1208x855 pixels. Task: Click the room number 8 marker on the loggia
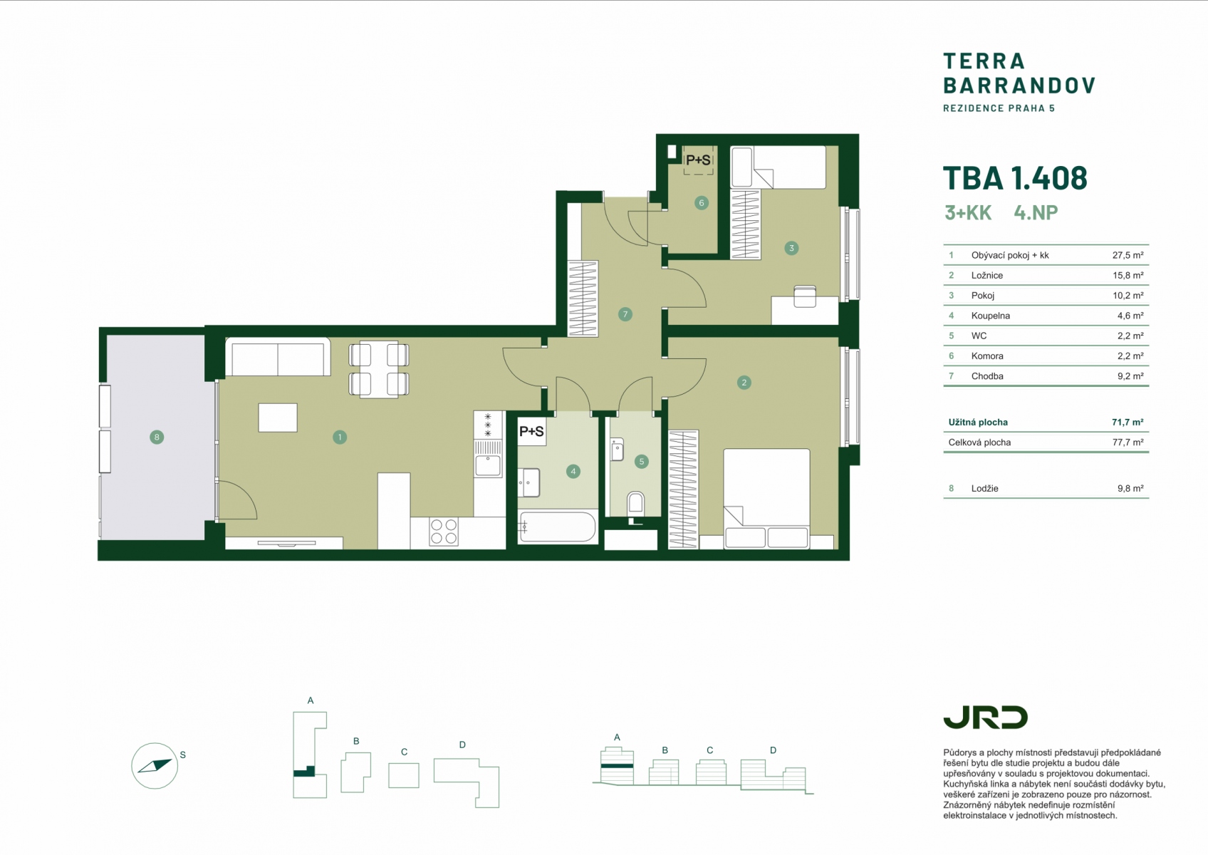(157, 437)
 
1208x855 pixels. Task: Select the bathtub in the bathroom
(558, 527)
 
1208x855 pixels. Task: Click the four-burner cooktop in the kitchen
(444, 531)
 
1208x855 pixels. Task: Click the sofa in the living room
(278, 356)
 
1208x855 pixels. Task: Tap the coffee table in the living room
(278, 418)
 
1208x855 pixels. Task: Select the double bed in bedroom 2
(766, 499)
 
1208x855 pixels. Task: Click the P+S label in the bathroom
(531, 431)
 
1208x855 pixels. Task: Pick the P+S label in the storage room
(698, 160)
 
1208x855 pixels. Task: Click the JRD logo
(985, 717)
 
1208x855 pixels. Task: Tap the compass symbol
(155, 765)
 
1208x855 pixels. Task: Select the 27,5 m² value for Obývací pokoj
(1128, 255)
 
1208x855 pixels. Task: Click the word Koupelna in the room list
(991, 316)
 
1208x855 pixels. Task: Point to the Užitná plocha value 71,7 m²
(1128, 423)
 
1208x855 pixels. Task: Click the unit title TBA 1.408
(1015, 178)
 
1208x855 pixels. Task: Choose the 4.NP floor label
(1036, 212)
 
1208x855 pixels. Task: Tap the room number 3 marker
(791, 248)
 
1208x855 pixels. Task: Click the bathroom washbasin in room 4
(529, 482)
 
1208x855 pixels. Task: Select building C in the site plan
(404, 776)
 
